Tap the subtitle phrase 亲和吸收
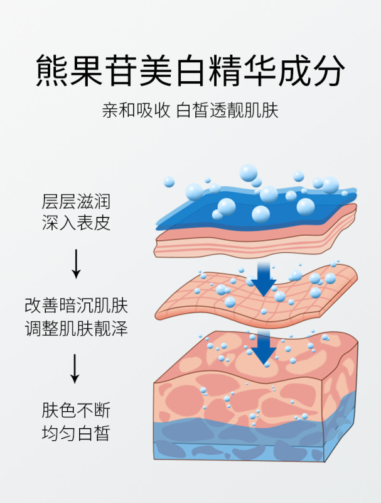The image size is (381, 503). pyautogui.click(x=136, y=111)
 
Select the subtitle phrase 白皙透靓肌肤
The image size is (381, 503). pyautogui.click(x=227, y=111)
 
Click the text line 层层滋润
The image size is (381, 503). pyautogui.click(x=76, y=202)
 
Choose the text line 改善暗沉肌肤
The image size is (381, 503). pyautogui.click(x=76, y=307)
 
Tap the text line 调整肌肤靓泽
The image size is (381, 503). pyautogui.click(x=76, y=328)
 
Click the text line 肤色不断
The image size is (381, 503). pyautogui.click(x=76, y=411)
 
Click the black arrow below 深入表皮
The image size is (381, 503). pyautogui.click(x=76, y=263)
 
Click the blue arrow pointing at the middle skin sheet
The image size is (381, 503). pyautogui.click(x=264, y=280)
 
